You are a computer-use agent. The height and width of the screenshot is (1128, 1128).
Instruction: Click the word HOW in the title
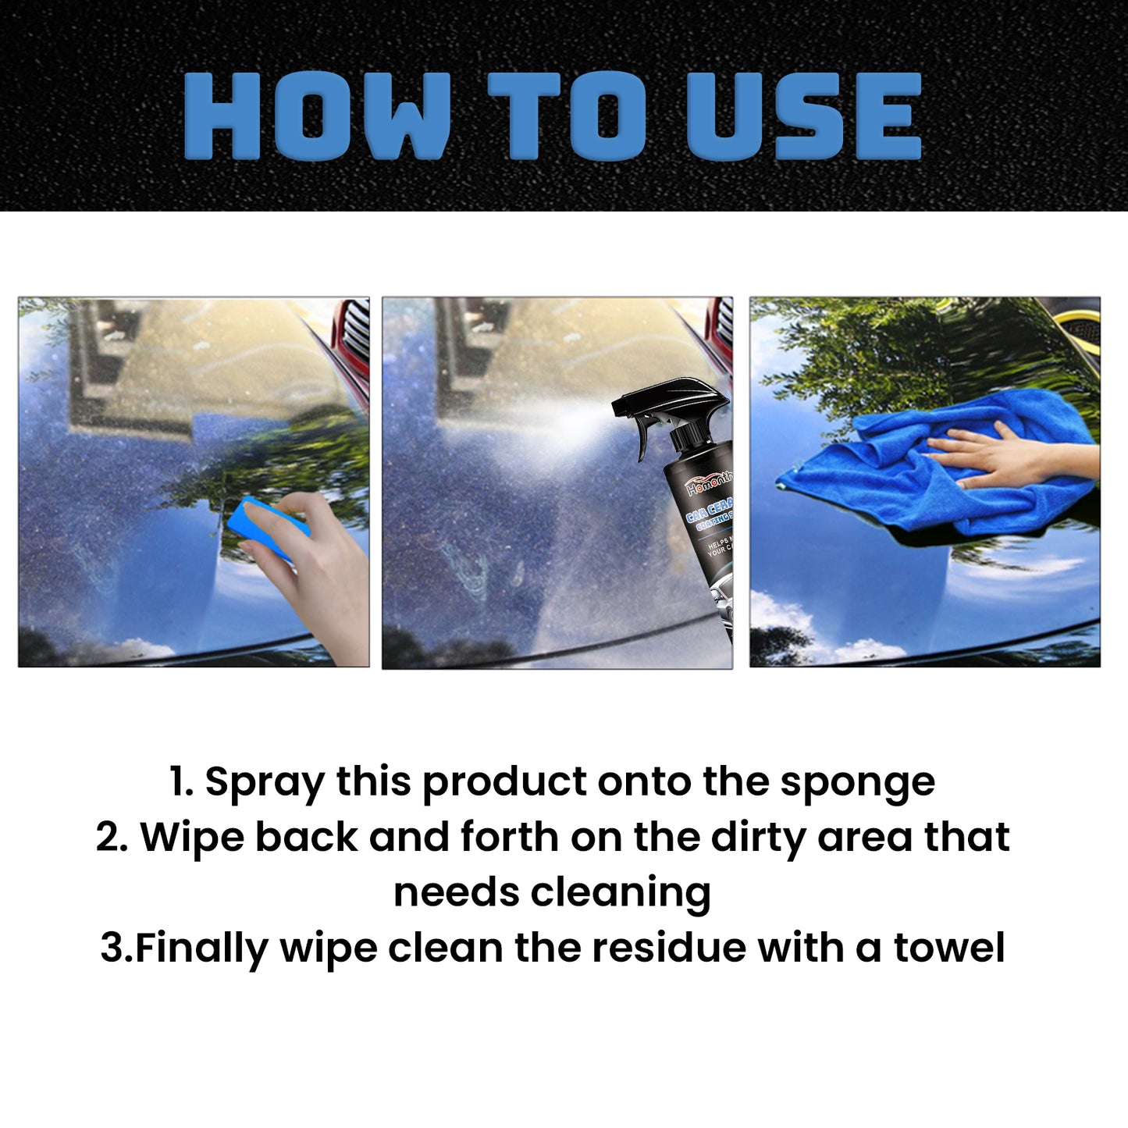click(316, 117)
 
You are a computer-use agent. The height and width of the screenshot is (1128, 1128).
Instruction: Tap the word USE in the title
click(804, 117)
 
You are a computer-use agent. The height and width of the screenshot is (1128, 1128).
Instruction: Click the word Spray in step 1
click(264, 783)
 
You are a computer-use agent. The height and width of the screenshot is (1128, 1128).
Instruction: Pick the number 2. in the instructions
click(112, 838)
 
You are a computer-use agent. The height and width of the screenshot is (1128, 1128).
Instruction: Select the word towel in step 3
click(948, 948)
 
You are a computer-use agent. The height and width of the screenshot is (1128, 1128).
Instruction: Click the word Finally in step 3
click(202, 948)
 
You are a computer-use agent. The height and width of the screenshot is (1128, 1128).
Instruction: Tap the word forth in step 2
click(509, 838)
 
